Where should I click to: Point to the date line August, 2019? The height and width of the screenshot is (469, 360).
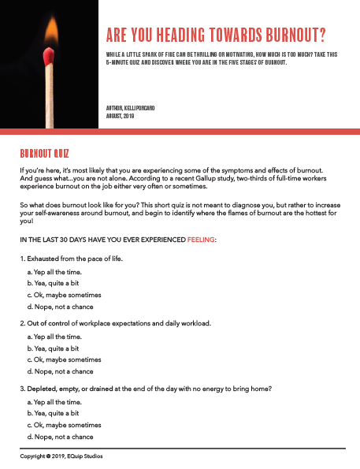click(122, 115)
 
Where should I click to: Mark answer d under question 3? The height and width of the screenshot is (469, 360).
click(60, 436)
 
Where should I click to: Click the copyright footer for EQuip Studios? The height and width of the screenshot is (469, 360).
click(61, 456)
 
